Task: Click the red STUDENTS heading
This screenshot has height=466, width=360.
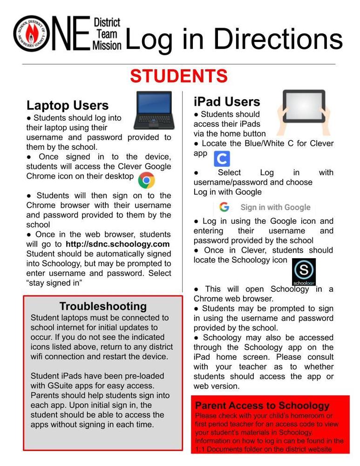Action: pyautogui.click(x=179, y=76)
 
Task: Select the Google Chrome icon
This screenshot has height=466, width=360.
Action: pyautogui.click(x=146, y=180)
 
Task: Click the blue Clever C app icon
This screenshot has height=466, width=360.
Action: pyautogui.click(x=222, y=159)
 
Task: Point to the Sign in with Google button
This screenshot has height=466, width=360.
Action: pyautogui.click(x=265, y=207)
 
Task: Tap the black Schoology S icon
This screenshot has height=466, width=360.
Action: pyautogui.click(x=304, y=271)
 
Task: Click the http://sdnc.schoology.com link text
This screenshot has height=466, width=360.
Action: pyautogui.click(x=117, y=244)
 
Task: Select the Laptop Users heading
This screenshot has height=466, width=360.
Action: pyautogui.click(x=68, y=105)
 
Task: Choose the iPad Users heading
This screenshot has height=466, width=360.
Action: pyautogui.click(x=227, y=101)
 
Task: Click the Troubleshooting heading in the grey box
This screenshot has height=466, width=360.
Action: pyautogui.click(x=103, y=306)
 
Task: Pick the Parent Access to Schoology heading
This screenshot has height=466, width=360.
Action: pyautogui.click(x=262, y=405)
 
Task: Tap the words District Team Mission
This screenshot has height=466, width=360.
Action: pyautogui.click(x=107, y=34)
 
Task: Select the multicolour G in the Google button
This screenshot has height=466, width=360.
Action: pyautogui.click(x=224, y=207)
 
